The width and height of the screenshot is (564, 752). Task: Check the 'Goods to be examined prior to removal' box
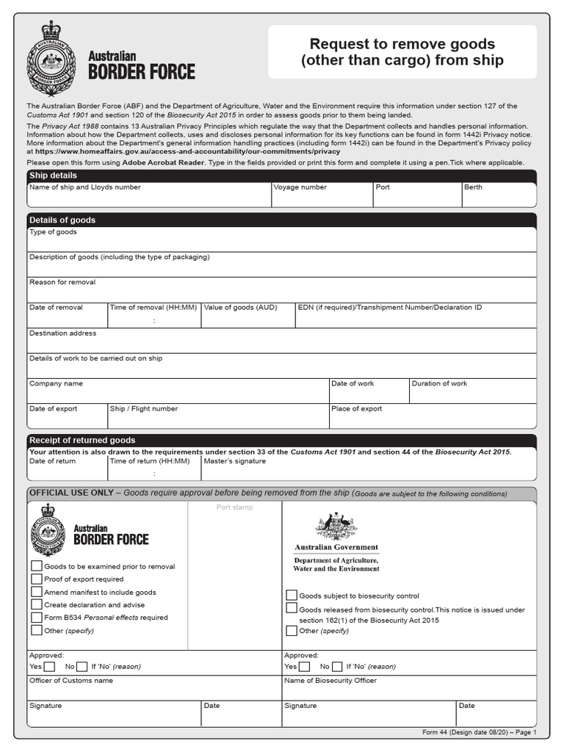click(37, 566)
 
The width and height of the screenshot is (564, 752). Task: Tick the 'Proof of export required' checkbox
click(37, 579)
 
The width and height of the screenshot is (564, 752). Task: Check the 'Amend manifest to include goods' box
click(37, 592)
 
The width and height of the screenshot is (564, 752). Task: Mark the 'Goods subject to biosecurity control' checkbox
click(292, 596)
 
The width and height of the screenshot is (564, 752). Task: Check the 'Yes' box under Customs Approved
click(49, 667)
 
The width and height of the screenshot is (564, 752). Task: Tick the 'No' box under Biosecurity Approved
click(337, 667)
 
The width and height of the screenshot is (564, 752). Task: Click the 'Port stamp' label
click(233, 507)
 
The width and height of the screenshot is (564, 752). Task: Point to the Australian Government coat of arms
click(336, 526)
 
